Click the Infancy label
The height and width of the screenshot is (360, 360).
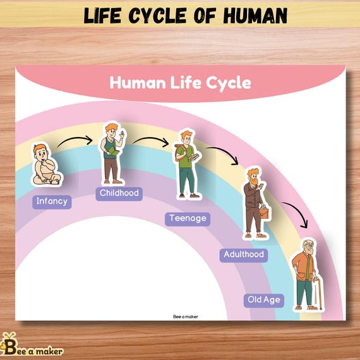(x=52, y=202)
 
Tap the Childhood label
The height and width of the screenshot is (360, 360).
(x=119, y=193)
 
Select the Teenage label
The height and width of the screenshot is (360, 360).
(x=188, y=219)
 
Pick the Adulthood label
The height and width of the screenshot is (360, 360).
(x=244, y=255)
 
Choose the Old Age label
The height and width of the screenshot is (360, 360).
(x=264, y=300)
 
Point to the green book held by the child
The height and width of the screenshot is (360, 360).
(x=113, y=151)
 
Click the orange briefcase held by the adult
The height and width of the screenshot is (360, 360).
(x=265, y=212)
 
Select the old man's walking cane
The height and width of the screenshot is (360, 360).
(x=318, y=294)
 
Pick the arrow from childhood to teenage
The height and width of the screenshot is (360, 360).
(x=152, y=139)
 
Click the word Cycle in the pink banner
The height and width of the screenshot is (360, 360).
(x=228, y=83)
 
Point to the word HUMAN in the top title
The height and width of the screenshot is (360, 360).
(x=255, y=15)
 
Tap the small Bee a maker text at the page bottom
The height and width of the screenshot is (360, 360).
(x=185, y=317)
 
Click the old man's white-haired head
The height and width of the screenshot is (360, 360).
(x=308, y=246)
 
